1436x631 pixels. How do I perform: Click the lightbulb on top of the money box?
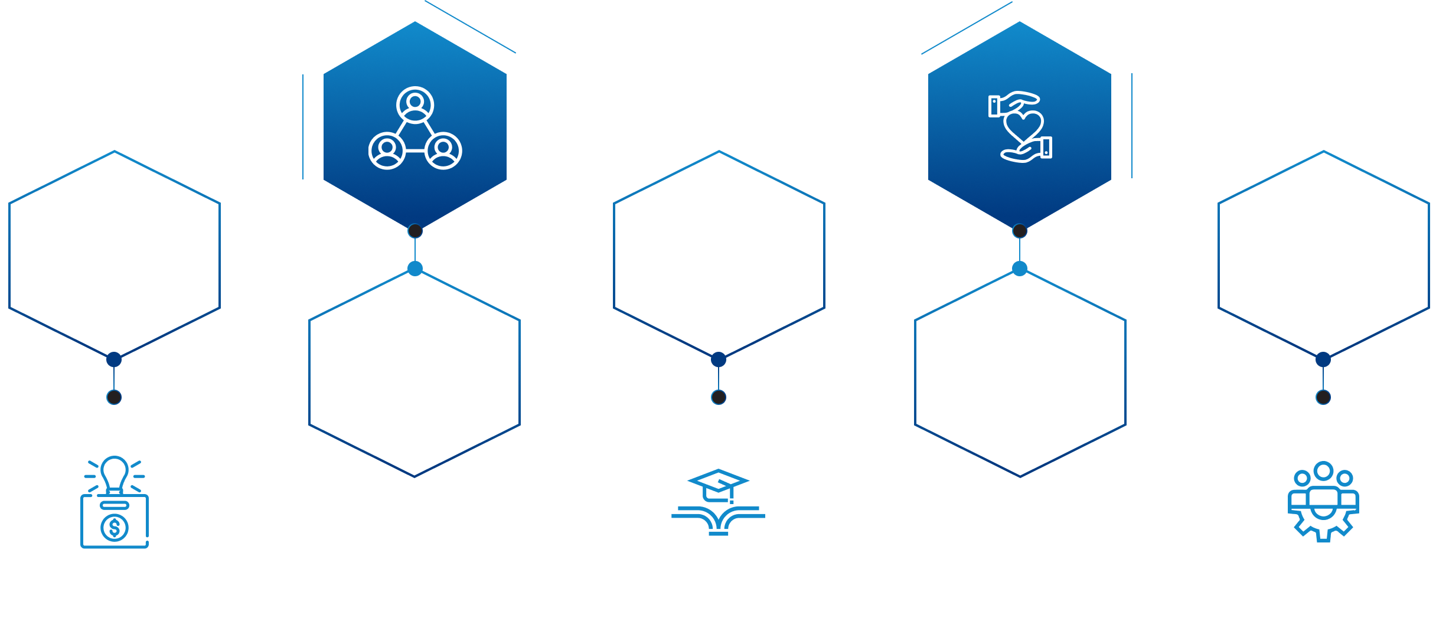115,473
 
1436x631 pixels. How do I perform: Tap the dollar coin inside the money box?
115,527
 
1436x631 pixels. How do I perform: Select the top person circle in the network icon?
415,105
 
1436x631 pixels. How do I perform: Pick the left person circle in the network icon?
387,151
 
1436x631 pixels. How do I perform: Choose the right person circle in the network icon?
443,151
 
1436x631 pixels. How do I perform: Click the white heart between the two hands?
1023,125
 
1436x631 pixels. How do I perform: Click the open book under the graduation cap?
718,519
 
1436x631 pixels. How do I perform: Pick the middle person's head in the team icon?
1323,471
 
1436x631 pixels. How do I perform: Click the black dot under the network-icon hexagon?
415,231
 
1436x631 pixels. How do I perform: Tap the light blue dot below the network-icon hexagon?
415,269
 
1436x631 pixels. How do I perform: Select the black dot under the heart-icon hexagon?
1020,231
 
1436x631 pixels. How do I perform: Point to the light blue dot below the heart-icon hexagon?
1020,269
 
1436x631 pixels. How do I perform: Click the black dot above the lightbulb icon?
114,397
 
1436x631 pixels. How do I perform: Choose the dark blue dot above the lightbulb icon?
114,359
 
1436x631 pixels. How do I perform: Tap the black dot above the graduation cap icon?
719,397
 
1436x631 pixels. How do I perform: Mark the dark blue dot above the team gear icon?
1323,359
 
